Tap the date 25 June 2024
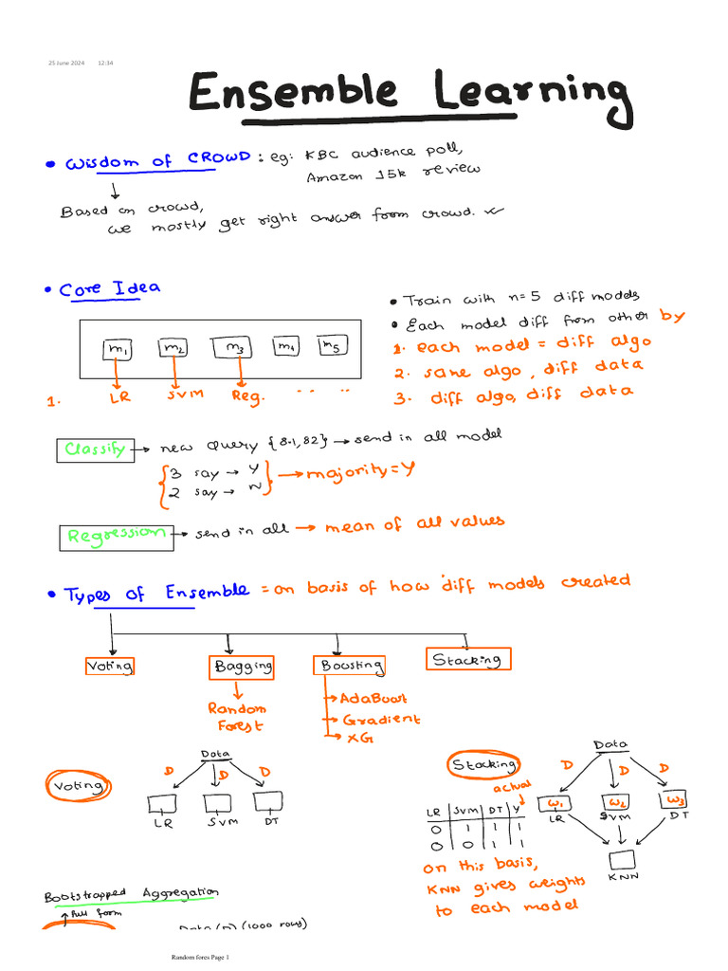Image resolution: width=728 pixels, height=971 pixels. tap(66, 64)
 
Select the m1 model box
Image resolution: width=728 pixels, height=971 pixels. tap(118, 351)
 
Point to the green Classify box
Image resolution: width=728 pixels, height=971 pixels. tap(95, 449)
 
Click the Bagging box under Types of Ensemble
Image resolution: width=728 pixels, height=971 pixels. tap(243, 667)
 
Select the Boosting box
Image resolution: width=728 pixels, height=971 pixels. tap(349, 666)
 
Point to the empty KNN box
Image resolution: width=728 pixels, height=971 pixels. tap(624, 860)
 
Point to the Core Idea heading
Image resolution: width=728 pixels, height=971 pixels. tap(110, 288)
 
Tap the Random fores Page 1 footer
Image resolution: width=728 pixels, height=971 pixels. tap(200, 957)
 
